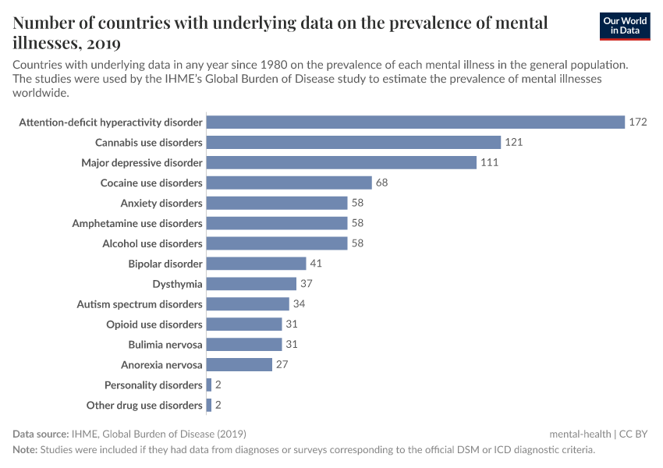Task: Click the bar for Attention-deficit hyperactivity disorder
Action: tap(416, 122)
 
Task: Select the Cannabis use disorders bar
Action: tap(353, 142)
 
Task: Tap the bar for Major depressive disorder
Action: tap(342, 162)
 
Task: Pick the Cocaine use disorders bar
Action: tap(289, 183)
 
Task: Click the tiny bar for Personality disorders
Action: tap(209, 385)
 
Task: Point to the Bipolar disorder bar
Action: tap(257, 264)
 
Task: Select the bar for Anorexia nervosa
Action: tap(239, 364)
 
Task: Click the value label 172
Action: tap(639, 122)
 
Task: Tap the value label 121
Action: tap(513, 142)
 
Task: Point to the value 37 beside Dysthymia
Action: tap(306, 284)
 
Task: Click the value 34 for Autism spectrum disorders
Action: tap(299, 304)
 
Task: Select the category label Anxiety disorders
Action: tap(161, 203)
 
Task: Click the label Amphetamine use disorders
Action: tap(137, 223)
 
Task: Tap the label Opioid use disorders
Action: tap(154, 324)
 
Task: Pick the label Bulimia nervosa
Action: tap(165, 345)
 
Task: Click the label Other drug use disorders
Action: tap(144, 405)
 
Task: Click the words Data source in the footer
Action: tap(41, 434)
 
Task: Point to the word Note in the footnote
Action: tap(24, 450)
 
